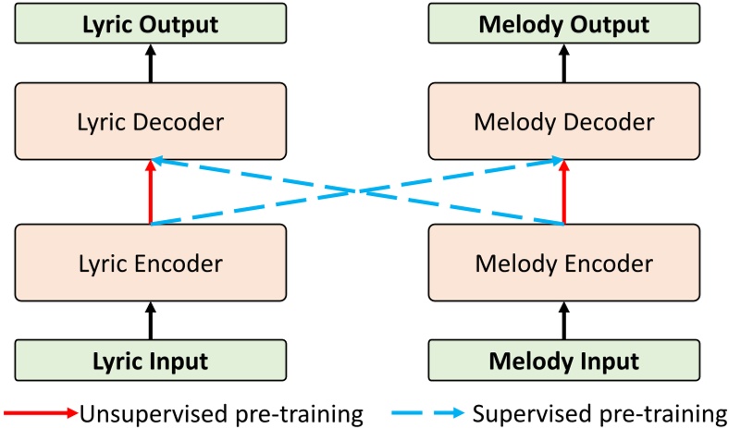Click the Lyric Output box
tap(151, 23)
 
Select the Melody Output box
tap(564, 23)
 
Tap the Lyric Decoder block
tap(151, 121)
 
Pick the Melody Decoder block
tap(564, 121)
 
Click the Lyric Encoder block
tap(151, 263)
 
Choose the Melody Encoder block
tap(564, 263)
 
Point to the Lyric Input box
tap(151, 361)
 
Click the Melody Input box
tap(564, 361)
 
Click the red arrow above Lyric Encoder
tap(151, 192)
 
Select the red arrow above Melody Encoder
tap(564, 192)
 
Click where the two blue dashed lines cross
tap(357, 192)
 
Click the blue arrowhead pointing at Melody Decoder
tap(557, 162)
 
